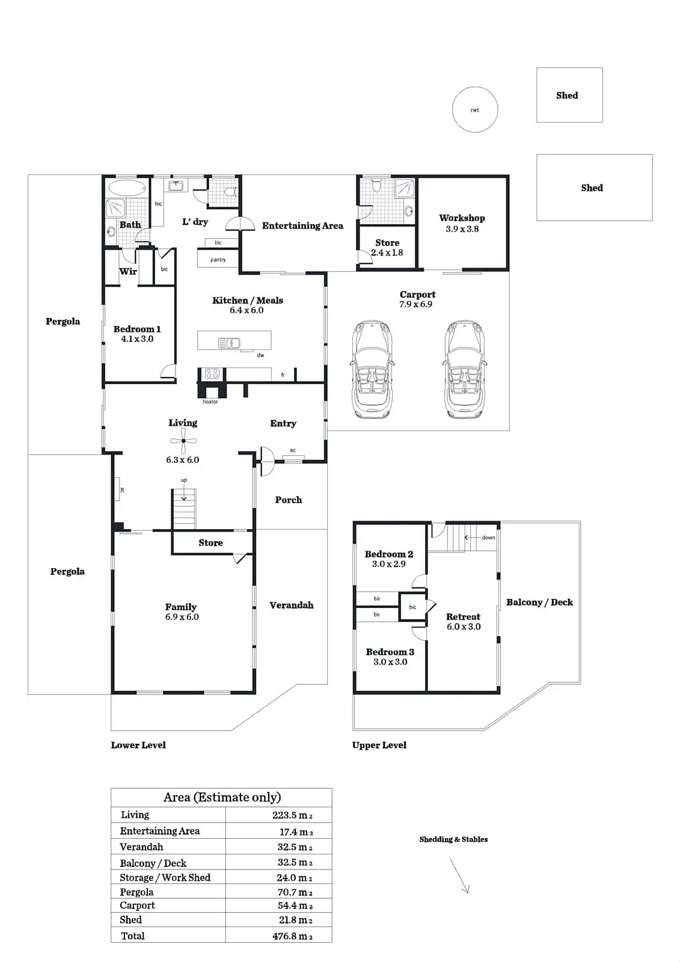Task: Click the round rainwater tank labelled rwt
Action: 475,110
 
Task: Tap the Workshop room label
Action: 462,218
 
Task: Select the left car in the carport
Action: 372,369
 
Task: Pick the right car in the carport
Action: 464,369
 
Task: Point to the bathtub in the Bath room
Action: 127,188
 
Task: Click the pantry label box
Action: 218,259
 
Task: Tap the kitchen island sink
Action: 228,343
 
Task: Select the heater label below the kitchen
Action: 210,402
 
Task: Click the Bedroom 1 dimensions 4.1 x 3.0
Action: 137,339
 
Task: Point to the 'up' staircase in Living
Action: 184,508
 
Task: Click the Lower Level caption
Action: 138,745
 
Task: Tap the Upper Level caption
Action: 379,745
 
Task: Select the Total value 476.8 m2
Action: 292,936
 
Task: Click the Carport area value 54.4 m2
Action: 294,905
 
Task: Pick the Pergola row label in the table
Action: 136,892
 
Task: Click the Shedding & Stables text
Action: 453,839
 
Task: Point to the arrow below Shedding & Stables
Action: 459,875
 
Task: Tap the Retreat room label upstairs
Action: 463,617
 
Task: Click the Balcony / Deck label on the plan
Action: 539,602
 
